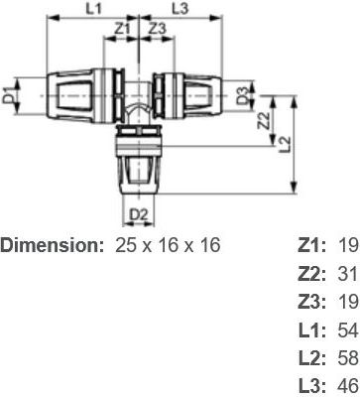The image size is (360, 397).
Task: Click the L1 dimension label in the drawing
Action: (x=93, y=9)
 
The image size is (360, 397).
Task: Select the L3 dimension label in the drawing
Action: (x=180, y=9)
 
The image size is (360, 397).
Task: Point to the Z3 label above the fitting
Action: (x=157, y=30)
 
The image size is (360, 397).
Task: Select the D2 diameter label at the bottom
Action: (x=138, y=215)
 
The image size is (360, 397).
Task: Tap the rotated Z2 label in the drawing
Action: (x=264, y=120)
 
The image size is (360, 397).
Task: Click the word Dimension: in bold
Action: (x=52, y=246)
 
